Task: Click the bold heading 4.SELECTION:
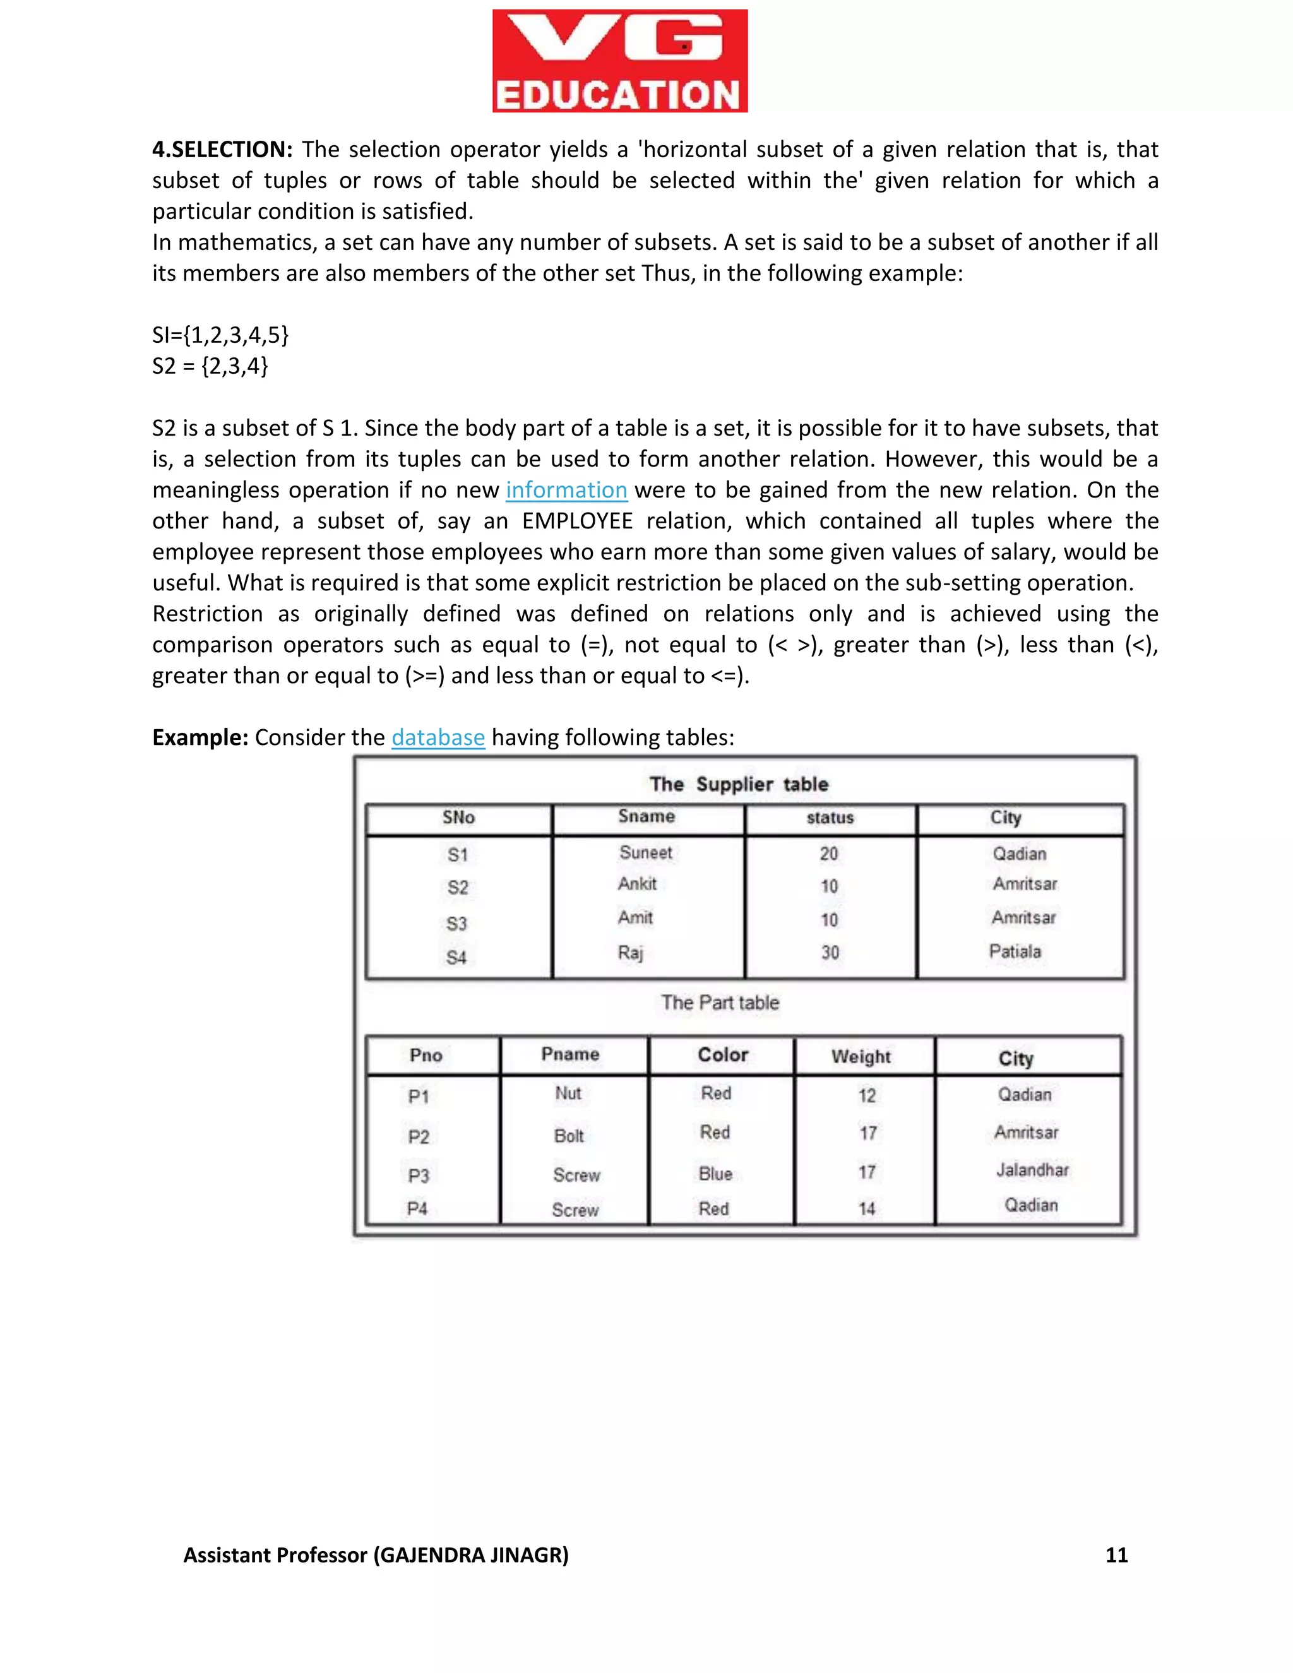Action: (222, 150)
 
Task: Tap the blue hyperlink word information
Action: (566, 491)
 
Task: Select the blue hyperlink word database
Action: (438, 737)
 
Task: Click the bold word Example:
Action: (200, 737)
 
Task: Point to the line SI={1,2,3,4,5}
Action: (220, 335)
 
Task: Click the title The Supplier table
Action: (739, 784)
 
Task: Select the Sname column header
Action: (646, 816)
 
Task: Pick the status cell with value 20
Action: (829, 854)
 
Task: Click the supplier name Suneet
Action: (646, 852)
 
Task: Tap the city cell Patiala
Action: (1015, 952)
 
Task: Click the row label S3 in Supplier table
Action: (456, 924)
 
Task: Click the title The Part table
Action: (720, 1003)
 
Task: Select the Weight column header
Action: (861, 1057)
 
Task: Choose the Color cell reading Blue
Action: (715, 1174)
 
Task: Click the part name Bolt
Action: (568, 1136)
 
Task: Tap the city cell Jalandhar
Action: (1032, 1170)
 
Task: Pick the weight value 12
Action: (866, 1096)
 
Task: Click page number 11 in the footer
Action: (1116, 1555)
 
